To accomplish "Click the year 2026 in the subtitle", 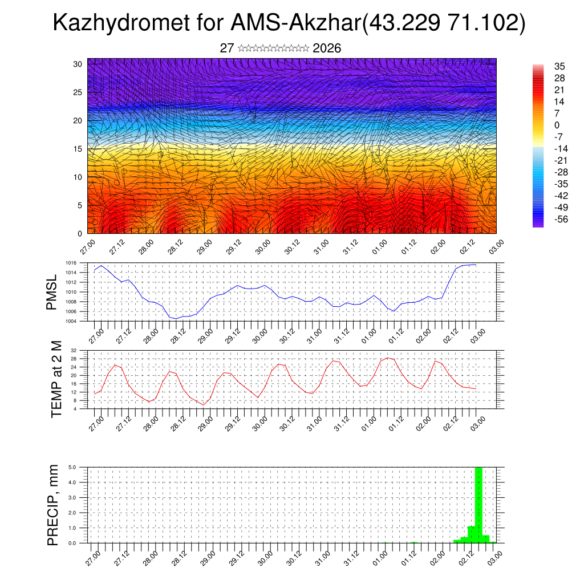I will pos(327,48).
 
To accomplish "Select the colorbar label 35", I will pos(559,66).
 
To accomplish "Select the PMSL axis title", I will pos(52,291).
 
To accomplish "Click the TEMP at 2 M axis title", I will pos(56,379).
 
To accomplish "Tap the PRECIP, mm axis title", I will pos(53,505).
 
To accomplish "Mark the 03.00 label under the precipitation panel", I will pos(495,557).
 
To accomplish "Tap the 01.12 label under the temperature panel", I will pos(398,421).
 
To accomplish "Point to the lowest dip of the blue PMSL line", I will pos(177,318).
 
